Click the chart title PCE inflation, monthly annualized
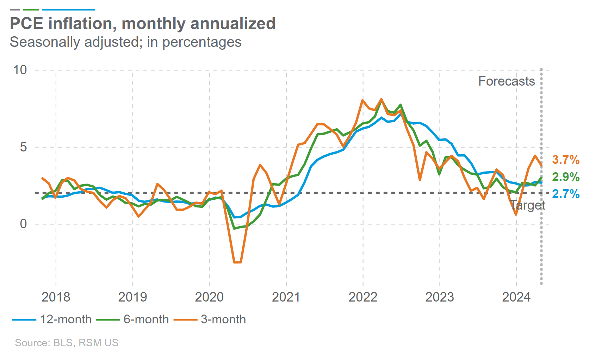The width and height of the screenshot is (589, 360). (x=143, y=24)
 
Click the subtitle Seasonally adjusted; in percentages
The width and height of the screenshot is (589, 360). (x=125, y=42)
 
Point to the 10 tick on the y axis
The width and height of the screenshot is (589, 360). (x=20, y=70)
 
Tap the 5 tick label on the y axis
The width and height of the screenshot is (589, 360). (x=23, y=147)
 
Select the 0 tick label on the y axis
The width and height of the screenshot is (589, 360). (x=23, y=224)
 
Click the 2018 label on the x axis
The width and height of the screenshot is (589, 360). (x=56, y=297)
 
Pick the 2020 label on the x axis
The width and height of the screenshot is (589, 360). (x=209, y=297)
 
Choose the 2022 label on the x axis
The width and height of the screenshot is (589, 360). (x=363, y=297)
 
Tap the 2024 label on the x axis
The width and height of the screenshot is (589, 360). (x=516, y=297)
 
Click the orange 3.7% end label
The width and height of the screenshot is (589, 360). (x=566, y=160)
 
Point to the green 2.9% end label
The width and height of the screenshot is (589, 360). (x=566, y=177)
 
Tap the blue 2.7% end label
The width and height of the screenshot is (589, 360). (x=566, y=194)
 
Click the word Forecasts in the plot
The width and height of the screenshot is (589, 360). (x=506, y=81)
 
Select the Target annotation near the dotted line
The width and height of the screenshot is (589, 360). (x=527, y=205)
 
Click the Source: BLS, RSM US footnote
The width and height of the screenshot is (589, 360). (x=67, y=343)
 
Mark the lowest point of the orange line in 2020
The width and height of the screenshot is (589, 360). (x=237, y=262)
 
